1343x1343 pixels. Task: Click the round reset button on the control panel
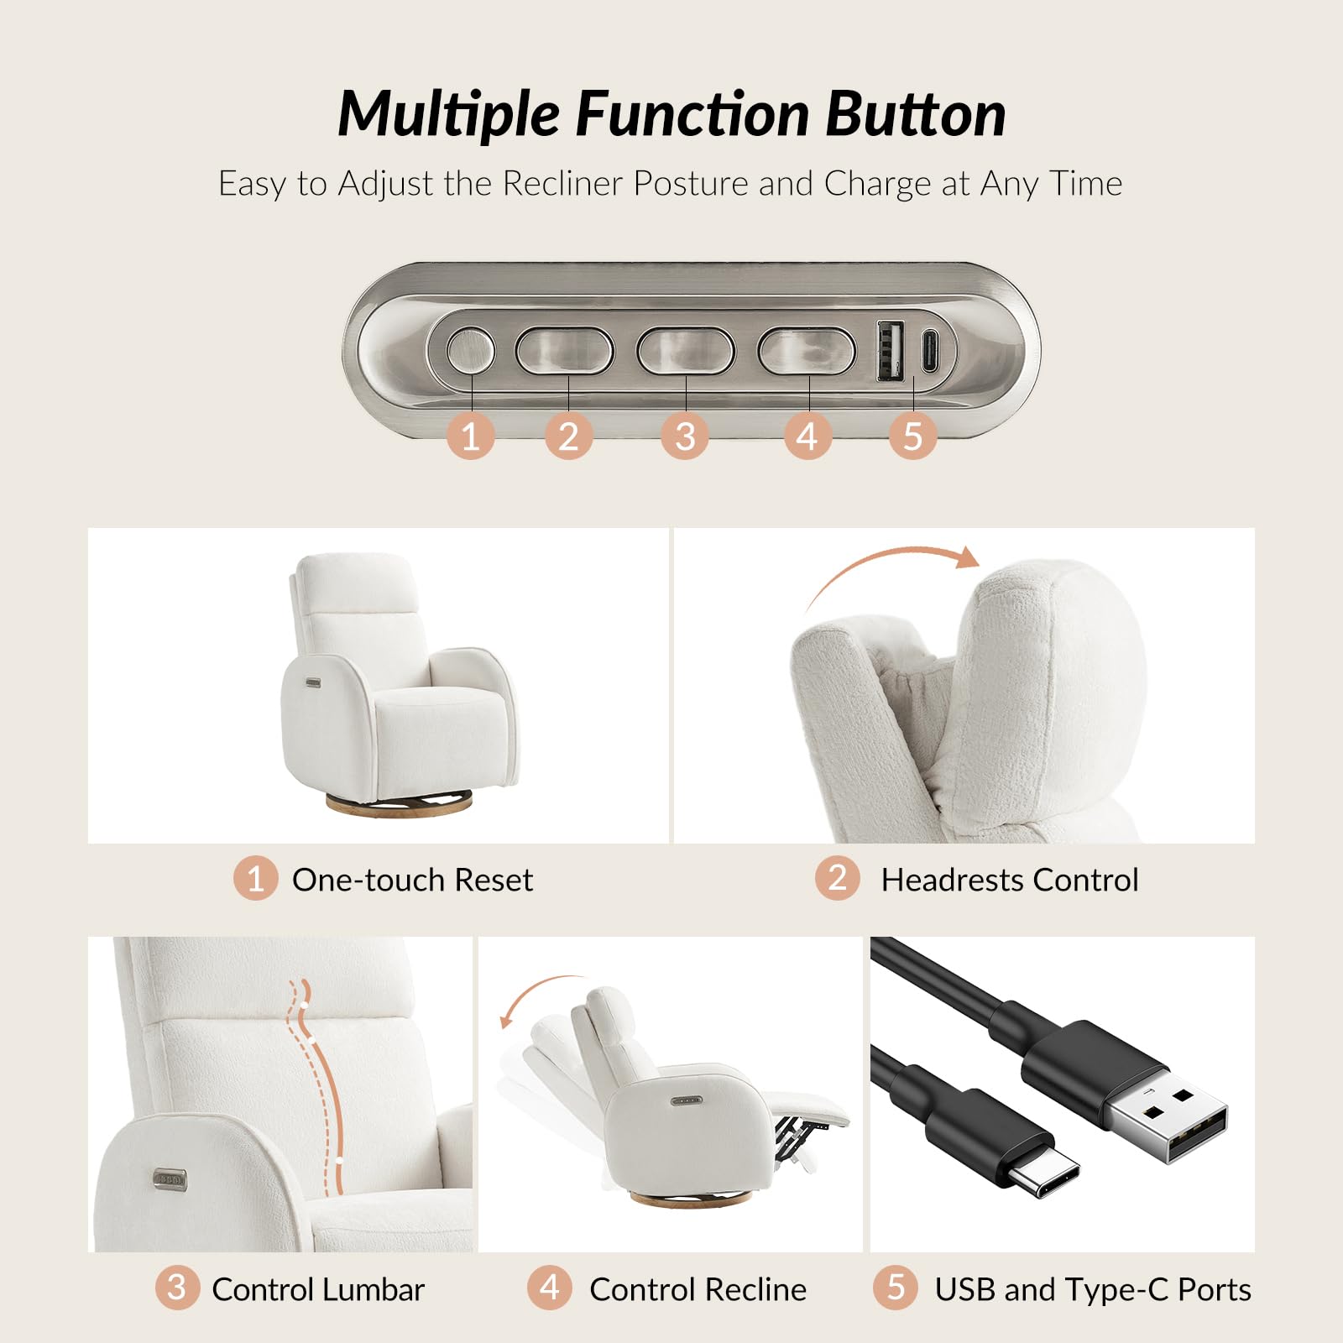click(x=470, y=350)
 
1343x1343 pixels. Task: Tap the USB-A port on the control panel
click(x=891, y=350)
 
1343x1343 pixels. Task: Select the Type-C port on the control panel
click(x=931, y=350)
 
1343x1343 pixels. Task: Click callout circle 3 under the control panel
click(x=685, y=436)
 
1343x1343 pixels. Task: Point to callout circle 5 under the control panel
click(x=912, y=436)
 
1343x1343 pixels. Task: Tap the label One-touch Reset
click(x=412, y=880)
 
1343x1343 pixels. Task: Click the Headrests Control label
click(x=1009, y=880)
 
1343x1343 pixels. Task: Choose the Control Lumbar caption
click(x=318, y=1289)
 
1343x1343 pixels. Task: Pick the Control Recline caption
click(x=698, y=1289)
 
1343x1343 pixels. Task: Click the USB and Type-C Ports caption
click(x=1092, y=1289)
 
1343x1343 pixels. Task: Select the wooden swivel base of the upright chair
click(x=399, y=807)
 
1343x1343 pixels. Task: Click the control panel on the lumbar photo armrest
click(x=170, y=1179)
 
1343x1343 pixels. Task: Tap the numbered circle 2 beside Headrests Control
click(x=837, y=878)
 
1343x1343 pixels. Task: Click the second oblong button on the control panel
click(x=686, y=350)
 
